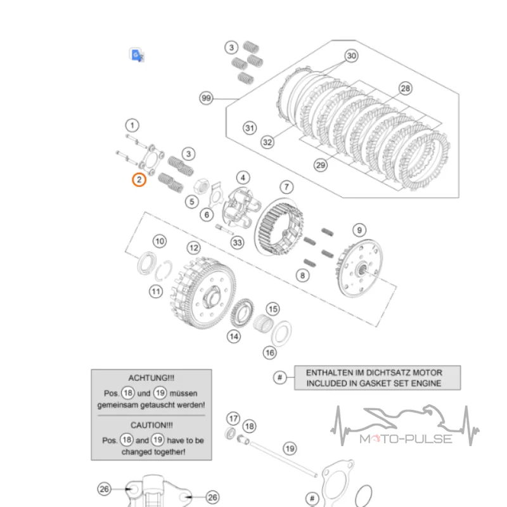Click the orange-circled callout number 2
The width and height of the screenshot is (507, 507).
coord(139,180)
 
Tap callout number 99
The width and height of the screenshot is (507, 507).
coord(206,98)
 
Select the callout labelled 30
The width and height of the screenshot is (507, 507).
coord(352,56)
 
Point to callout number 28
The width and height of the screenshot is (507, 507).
coord(406,88)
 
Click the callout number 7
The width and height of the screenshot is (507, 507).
coord(286,187)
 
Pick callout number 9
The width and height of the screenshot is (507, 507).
coord(359,230)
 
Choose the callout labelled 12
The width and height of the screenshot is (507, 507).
coord(194,248)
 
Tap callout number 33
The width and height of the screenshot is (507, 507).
coord(237,243)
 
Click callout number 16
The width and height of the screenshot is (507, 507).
coord(270,353)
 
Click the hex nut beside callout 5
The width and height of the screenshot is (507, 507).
coord(201,186)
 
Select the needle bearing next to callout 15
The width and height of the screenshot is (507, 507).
coord(262,323)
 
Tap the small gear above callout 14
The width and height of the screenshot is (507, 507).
coord(242,313)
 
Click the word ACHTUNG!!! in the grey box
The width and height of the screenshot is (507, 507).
coord(151,378)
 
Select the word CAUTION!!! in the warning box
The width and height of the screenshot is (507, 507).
coord(151,425)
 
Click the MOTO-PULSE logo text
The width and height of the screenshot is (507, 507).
coord(406,439)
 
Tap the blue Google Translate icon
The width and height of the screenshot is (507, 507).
coord(136,55)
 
